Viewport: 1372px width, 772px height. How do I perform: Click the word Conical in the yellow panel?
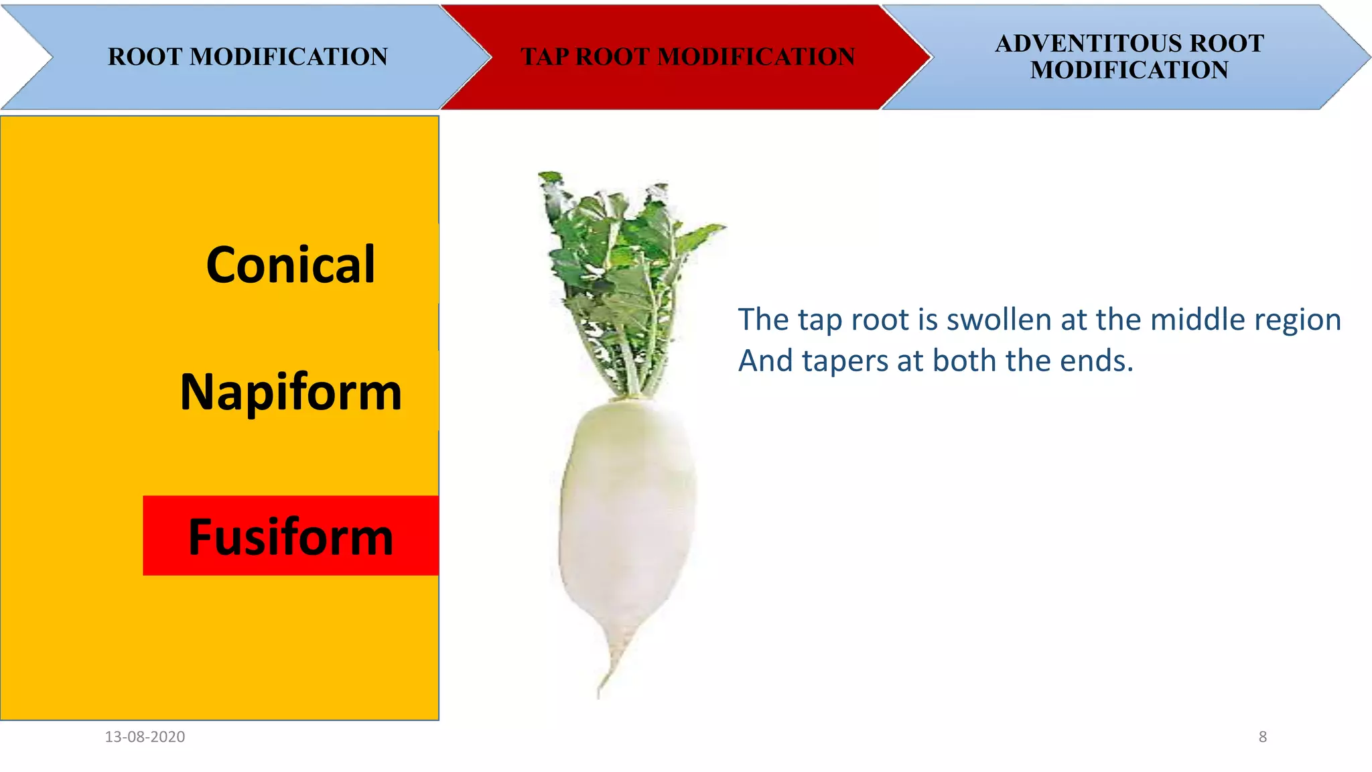coord(290,265)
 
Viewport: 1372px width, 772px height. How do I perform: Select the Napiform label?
coord(291,392)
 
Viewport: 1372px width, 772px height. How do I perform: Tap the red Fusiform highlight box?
coord(291,536)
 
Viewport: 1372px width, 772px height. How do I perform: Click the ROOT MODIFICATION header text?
coord(248,57)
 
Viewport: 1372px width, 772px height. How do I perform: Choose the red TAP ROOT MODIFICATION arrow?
coord(687,57)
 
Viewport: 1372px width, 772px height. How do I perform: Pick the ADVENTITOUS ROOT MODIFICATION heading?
coord(1129,57)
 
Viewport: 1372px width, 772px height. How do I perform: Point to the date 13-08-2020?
coord(145,736)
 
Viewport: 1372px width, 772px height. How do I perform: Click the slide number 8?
coord(1263,736)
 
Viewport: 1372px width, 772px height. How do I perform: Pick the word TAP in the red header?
coord(545,57)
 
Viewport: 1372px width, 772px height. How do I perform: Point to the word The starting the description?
coord(763,320)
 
